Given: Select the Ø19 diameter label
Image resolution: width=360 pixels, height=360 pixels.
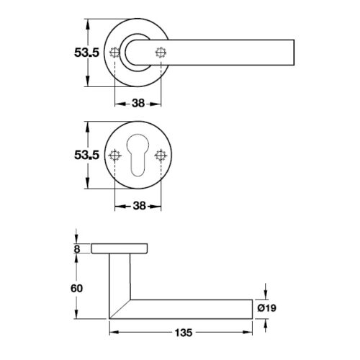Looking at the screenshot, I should click(x=268, y=308).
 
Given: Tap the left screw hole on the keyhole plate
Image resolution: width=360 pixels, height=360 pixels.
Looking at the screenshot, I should click(x=114, y=156).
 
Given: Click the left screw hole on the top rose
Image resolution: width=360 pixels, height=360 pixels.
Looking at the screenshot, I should click(x=114, y=53).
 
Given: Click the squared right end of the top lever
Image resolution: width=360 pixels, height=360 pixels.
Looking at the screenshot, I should click(x=291, y=53).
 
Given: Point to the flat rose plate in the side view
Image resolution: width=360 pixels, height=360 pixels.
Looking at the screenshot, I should click(x=120, y=249).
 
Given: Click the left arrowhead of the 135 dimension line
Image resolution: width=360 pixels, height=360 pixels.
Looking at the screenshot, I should click(x=112, y=333).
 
